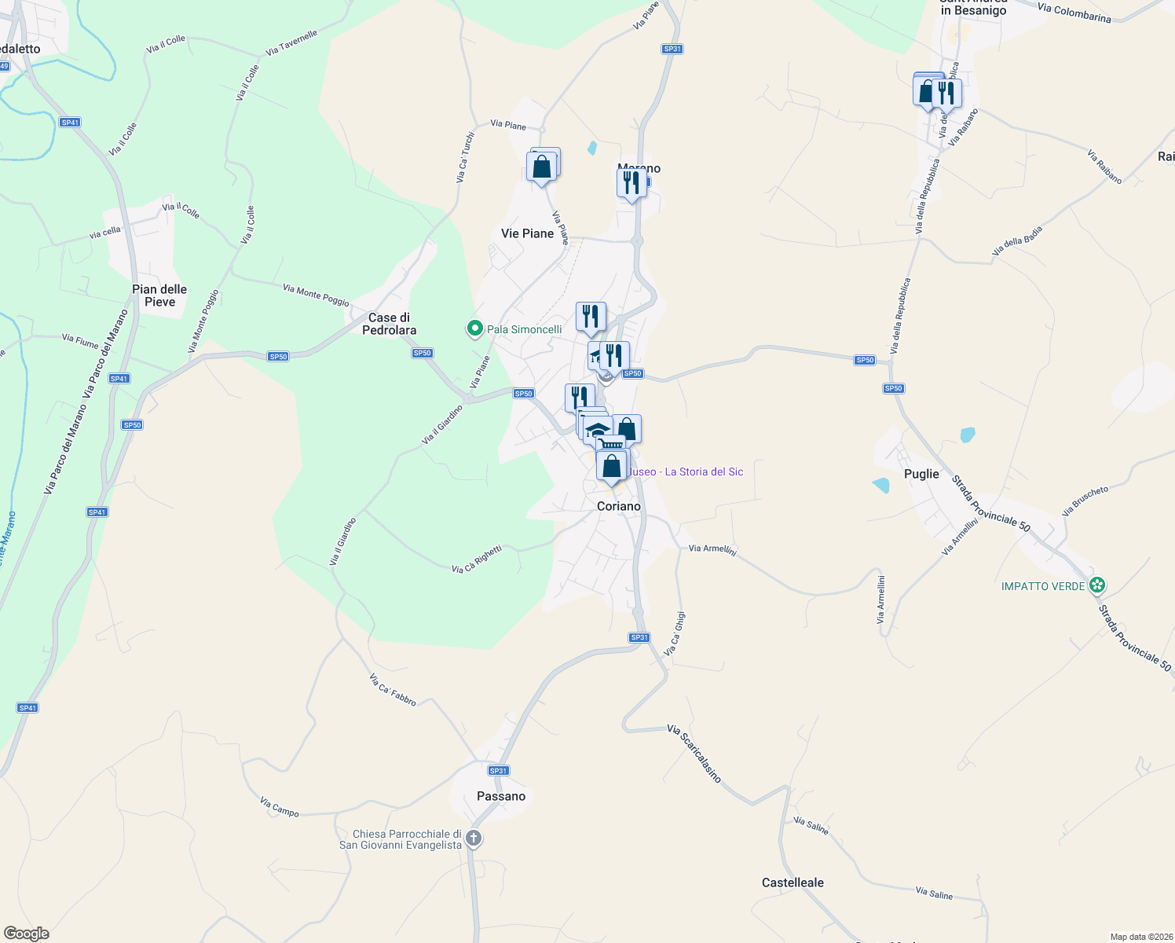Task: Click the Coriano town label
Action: click(x=619, y=506)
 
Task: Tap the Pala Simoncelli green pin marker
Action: click(x=474, y=328)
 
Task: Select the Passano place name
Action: click(x=501, y=796)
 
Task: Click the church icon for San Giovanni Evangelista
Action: click(x=474, y=838)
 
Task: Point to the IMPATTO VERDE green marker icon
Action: click(x=1098, y=585)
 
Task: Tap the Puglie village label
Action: click(x=921, y=474)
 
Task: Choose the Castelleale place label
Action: click(x=792, y=882)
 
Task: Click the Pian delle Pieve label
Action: click(x=159, y=295)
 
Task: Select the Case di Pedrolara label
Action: click(x=389, y=324)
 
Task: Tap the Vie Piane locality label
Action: click(x=527, y=233)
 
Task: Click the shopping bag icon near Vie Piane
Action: click(x=541, y=167)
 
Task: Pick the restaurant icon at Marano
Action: click(x=631, y=183)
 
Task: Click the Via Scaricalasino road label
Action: click(x=694, y=753)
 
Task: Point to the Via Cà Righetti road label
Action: click(x=477, y=560)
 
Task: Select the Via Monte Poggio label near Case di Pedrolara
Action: click(x=316, y=295)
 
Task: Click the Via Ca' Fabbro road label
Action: click(x=393, y=689)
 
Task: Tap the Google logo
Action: click(x=27, y=933)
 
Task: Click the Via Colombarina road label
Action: click(x=1074, y=13)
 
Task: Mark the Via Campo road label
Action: click(x=280, y=806)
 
